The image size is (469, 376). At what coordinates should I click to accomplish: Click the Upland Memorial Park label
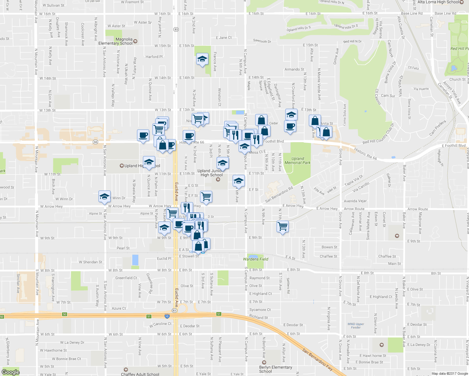297,161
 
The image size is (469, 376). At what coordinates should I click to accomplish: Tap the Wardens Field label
256,259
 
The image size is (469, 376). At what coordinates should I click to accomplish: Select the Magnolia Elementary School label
116,41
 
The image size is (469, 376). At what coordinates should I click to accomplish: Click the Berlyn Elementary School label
276,369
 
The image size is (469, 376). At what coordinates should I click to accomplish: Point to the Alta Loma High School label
438,2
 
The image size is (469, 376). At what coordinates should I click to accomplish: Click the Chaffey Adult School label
140,374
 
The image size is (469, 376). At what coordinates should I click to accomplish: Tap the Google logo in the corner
10,372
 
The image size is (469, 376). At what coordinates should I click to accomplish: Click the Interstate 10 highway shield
167,316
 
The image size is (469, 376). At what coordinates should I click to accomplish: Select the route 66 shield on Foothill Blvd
96,142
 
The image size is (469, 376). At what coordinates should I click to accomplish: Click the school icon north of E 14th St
202,59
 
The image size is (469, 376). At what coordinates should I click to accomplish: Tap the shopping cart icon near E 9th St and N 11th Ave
283,226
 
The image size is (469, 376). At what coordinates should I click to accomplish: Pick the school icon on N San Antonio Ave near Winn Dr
104,196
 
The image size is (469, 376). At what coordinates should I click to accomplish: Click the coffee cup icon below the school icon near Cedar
290,126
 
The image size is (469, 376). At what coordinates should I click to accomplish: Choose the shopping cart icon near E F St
206,197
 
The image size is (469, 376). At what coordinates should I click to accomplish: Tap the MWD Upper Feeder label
356,326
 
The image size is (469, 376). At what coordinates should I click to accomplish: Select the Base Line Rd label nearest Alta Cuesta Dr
412,13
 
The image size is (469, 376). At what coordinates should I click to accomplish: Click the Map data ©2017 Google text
450,373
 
